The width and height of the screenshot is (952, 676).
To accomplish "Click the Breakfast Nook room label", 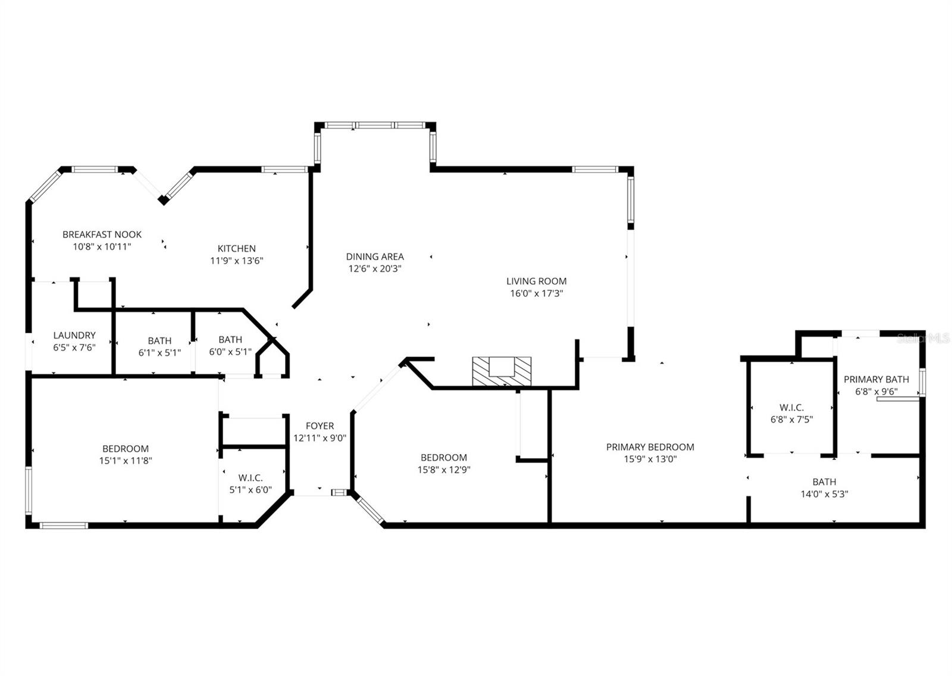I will [102, 234].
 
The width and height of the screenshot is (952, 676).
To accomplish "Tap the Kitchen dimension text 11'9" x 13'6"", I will [236, 261].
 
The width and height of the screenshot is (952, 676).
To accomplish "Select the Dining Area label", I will [375, 256].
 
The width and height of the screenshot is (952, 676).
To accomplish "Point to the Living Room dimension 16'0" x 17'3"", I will [536, 293].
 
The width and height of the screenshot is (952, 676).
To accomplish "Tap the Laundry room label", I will [74, 336].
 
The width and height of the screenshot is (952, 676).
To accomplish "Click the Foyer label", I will [320, 426].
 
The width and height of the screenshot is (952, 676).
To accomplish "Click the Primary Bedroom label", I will [650, 447].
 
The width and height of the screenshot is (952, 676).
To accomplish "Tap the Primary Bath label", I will [876, 380].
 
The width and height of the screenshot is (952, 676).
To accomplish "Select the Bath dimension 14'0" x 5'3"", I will [824, 494].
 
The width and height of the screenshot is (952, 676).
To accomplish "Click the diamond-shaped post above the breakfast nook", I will [163, 200].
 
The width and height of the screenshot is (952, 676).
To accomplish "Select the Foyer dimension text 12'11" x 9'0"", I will [320, 438].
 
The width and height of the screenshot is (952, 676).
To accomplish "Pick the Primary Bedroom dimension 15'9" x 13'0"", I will [650, 459].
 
